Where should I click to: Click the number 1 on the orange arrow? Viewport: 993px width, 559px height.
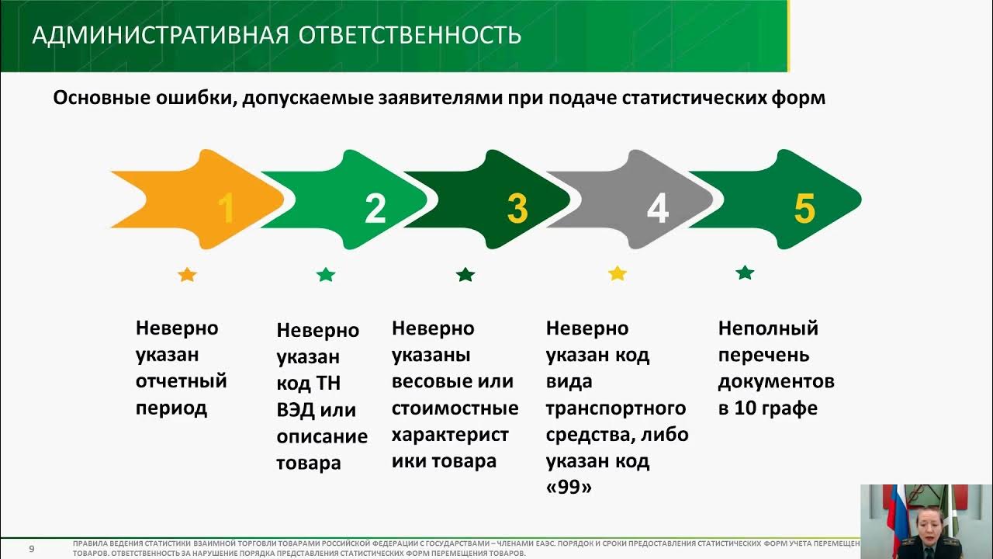(226, 208)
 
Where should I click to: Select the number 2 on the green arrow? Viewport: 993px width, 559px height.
(375, 208)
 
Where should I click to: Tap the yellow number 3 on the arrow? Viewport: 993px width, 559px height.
(517, 208)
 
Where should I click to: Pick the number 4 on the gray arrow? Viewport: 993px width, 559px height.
(658, 208)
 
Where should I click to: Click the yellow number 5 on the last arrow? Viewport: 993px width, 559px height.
(804, 208)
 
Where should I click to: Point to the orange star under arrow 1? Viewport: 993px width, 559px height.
(187, 274)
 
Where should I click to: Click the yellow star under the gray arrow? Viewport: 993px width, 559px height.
(618, 273)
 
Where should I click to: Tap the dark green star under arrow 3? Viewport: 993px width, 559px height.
(465, 274)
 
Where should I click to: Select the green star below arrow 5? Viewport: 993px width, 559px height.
(745, 273)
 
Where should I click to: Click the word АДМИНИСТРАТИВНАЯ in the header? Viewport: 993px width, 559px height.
(154, 35)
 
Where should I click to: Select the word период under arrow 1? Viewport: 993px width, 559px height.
(171, 408)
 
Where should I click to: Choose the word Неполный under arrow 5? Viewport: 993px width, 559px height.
(768, 328)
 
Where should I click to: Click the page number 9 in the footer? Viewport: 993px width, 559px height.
(32, 549)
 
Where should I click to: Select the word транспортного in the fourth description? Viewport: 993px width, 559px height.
(616, 408)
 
